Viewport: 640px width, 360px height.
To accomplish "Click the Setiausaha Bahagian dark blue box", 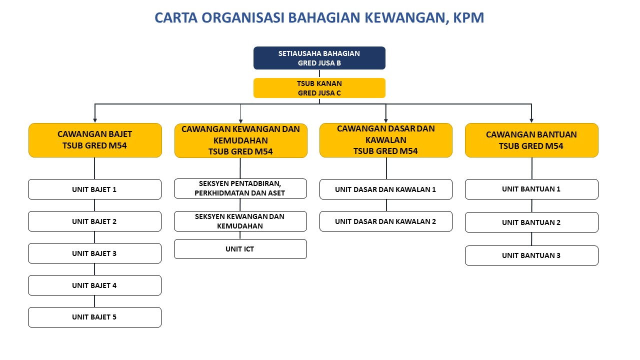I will click(x=319, y=58).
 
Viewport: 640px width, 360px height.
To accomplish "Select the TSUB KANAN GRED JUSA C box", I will click(x=319, y=88).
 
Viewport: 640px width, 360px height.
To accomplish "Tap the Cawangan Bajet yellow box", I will click(x=95, y=140).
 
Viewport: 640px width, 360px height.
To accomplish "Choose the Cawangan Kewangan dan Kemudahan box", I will click(x=240, y=140).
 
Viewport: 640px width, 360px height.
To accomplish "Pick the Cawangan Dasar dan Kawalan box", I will click(x=385, y=140).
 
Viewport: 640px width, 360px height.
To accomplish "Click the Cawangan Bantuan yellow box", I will click(x=531, y=140).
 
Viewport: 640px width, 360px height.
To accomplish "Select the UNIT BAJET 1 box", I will click(x=94, y=189).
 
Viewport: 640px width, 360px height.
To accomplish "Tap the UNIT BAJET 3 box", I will click(x=94, y=253).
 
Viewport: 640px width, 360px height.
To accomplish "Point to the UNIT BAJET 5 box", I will click(x=94, y=317).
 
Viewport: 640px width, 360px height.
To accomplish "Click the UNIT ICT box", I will click(x=240, y=249).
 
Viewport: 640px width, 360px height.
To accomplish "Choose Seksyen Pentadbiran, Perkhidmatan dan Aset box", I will click(x=240, y=188).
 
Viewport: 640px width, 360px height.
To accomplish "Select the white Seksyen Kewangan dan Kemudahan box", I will click(x=240, y=221).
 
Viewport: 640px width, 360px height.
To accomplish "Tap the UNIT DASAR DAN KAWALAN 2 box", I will click(x=385, y=221).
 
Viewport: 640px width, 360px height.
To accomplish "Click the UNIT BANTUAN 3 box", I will click(x=531, y=255).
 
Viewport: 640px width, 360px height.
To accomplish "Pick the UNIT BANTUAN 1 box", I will click(x=531, y=189).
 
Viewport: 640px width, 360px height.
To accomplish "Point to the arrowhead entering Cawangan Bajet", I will click(x=95, y=120).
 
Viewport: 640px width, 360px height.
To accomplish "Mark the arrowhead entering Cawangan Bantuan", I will click(x=531, y=120).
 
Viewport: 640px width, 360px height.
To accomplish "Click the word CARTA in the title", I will click(x=175, y=18).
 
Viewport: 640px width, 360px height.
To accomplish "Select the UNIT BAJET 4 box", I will click(x=94, y=285).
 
